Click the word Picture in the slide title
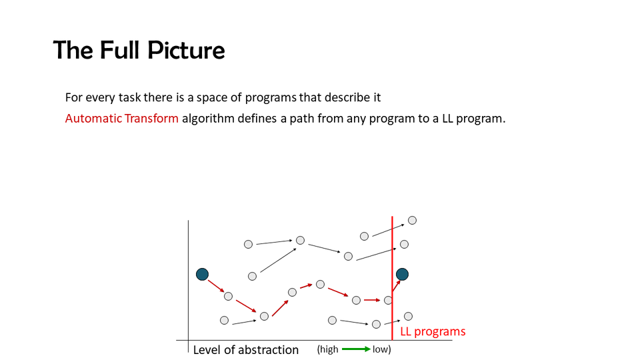[x=186, y=50]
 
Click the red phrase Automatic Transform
[x=121, y=119]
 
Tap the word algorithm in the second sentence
[x=208, y=119]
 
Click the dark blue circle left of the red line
[x=202, y=274]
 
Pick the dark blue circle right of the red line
[x=402, y=274]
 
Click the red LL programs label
[x=433, y=331]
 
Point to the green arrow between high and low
[x=356, y=349]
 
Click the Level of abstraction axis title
[x=246, y=350]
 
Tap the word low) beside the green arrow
[x=381, y=349]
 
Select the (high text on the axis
[x=328, y=349]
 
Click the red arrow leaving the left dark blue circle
[x=216, y=286]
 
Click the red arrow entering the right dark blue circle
[x=396, y=285]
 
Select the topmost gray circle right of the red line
[x=412, y=221]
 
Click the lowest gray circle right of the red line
[x=408, y=316]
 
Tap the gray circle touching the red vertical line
[x=388, y=301]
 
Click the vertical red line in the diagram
[x=392, y=278]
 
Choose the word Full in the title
[x=121, y=50]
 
